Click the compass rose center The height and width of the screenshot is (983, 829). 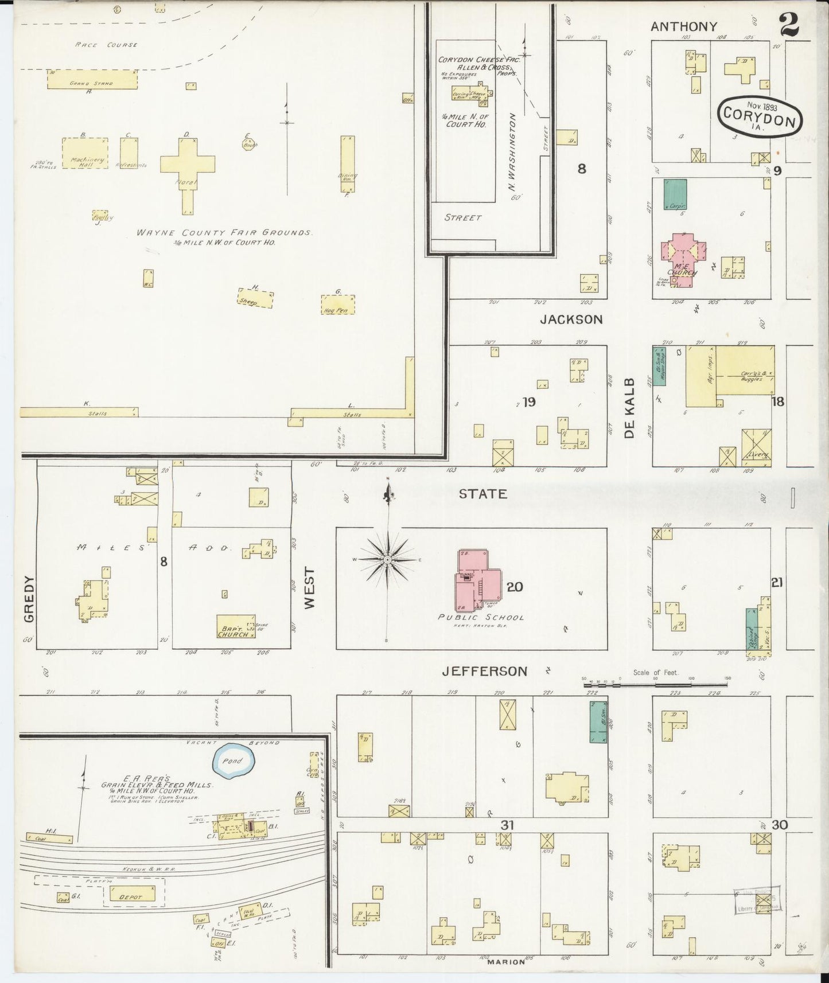388,559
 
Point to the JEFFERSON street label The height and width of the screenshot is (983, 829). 484,671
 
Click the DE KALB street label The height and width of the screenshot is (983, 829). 630,408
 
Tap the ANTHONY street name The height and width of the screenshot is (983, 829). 683,26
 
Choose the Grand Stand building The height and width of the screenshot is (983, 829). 92,80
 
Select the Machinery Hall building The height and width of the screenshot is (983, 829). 85,153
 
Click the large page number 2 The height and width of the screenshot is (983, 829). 789,25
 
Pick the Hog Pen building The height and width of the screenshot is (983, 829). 337,305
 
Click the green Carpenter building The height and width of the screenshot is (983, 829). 676,194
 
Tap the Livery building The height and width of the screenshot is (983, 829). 756,448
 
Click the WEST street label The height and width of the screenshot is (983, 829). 310,588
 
